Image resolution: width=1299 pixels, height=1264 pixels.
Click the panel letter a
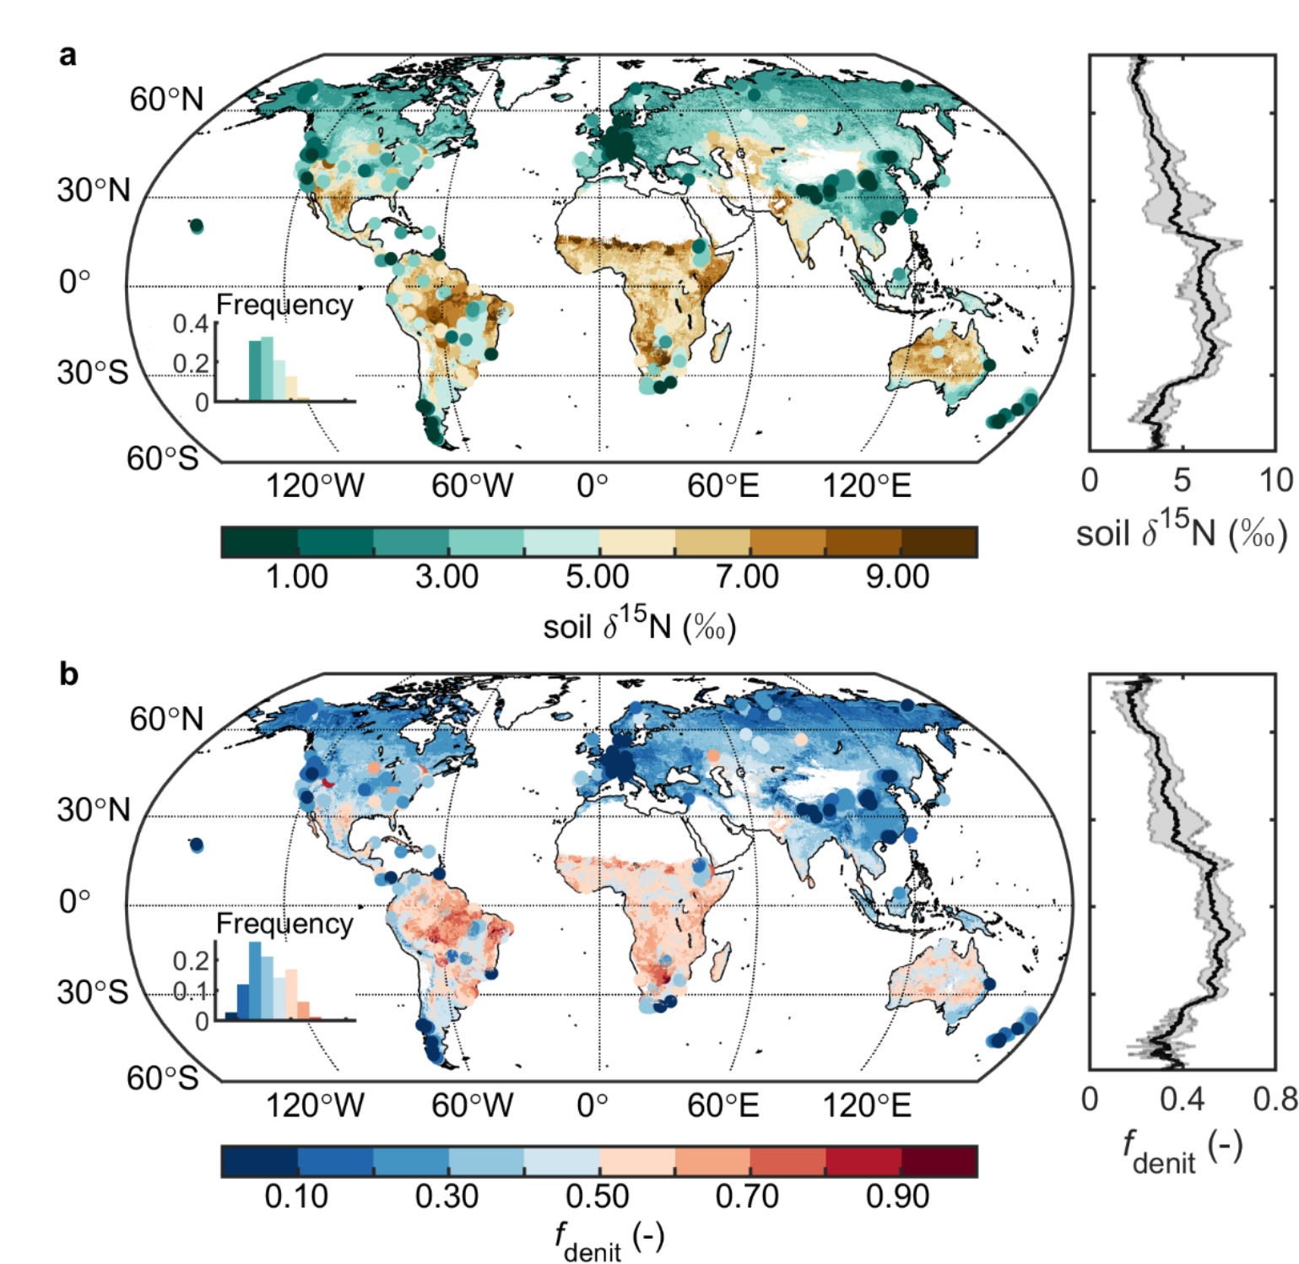(68, 56)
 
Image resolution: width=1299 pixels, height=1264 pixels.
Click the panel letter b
(68, 675)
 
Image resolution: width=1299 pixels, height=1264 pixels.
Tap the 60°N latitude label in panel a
(166, 100)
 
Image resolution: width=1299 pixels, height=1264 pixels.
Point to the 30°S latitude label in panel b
(93, 991)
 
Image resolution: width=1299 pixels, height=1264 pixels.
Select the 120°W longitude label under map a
(315, 486)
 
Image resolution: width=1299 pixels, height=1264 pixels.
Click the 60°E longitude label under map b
(723, 1105)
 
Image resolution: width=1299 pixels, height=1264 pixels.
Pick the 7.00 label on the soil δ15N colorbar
(747, 577)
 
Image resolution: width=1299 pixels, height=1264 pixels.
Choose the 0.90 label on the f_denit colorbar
(897, 1196)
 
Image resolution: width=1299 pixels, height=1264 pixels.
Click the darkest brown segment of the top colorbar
(939, 542)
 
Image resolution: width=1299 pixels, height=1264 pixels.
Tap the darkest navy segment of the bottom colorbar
(259, 1161)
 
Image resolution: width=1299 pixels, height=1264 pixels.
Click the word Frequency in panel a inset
(284, 305)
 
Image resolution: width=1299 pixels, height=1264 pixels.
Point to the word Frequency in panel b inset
(284, 924)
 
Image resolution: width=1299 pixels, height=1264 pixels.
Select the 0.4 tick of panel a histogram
(190, 324)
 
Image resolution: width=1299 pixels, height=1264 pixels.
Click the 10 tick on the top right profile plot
(1275, 480)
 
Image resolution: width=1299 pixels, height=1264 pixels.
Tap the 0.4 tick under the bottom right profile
(1182, 1099)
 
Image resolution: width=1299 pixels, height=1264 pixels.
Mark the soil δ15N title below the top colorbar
(640, 626)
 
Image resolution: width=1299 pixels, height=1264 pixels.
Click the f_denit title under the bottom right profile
(1182, 1151)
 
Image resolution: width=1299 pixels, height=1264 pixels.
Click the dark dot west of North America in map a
(197, 226)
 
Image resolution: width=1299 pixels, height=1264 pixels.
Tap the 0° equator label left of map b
(74, 901)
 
